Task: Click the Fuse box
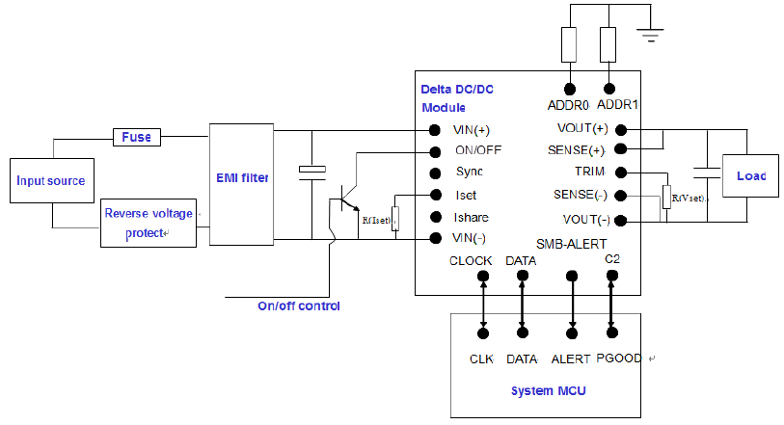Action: pos(137,137)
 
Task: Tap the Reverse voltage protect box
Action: pos(148,223)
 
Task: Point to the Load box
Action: pos(750,176)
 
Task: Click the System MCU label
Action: pos(546,390)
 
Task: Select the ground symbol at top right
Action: pos(651,39)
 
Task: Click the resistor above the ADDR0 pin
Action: pos(571,43)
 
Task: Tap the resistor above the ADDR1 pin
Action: pos(608,43)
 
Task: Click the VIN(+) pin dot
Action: pos(435,130)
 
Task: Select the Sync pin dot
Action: pos(435,173)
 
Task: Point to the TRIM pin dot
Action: pos(621,173)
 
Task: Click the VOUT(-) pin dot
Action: pos(621,220)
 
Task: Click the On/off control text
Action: pos(299,306)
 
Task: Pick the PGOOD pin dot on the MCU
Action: pos(611,333)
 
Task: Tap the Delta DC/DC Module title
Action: pos(457,97)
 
